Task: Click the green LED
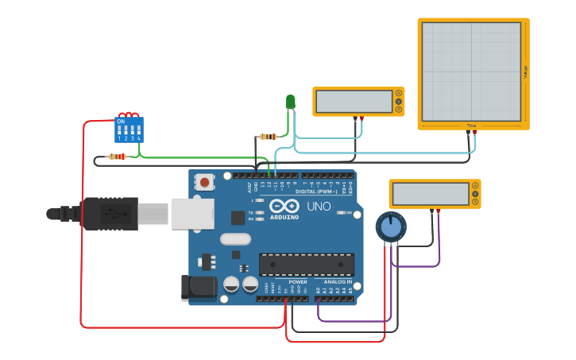tap(290, 102)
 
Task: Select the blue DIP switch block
tap(129, 129)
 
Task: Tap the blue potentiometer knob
tap(391, 226)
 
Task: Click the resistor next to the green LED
tap(269, 137)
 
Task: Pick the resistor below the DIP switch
tap(117, 157)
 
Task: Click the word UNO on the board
tap(319, 207)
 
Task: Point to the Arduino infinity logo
tap(284, 206)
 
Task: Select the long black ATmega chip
tap(306, 265)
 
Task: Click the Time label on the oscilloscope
tap(471, 126)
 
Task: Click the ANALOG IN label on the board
tap(338, 281)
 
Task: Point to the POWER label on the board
tap(297, 281)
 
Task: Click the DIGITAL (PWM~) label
tap(315, 191)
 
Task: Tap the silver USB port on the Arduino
tap(193, 214)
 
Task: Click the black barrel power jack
tap(199, 288)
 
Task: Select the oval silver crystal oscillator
tap(235, 238)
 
